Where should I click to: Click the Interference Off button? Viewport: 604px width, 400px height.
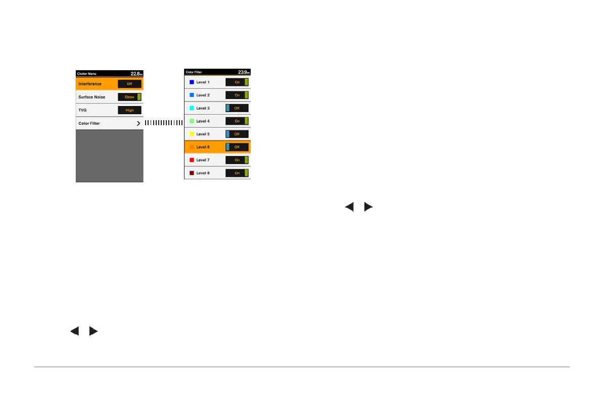click(129, 84)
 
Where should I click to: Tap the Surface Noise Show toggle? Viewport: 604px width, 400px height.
click(129, 97)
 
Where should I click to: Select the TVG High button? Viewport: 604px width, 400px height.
click(129, 110)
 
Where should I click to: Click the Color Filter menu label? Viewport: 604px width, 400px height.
click(89, 123)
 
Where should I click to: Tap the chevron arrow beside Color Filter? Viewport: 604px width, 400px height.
click(138, 123)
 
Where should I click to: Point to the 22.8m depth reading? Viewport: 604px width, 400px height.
click(136, 74)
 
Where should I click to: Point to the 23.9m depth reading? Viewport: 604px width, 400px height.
click(244, 72)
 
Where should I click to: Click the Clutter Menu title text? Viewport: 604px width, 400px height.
click(86, 74)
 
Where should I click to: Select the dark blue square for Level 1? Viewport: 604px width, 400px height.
click(192, 82)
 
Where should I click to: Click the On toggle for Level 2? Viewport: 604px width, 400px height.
click(237, 95)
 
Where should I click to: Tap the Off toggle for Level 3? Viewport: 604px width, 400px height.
click(237, 108)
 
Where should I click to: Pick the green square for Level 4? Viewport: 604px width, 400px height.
click(192, 121)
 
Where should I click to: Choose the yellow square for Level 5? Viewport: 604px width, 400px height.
click(192, 134)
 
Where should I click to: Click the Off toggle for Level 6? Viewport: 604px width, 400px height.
click(237, 147)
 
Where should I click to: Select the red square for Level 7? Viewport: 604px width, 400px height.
click(192, 160)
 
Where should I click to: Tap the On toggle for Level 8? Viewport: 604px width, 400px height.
click(237, 173)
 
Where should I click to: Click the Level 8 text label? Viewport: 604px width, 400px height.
click(203, 173)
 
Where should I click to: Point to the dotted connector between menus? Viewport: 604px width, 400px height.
click(163, 123)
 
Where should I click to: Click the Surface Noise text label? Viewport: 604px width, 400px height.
click(91, 97)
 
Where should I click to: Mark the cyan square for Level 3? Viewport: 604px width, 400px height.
click(192, 108)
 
